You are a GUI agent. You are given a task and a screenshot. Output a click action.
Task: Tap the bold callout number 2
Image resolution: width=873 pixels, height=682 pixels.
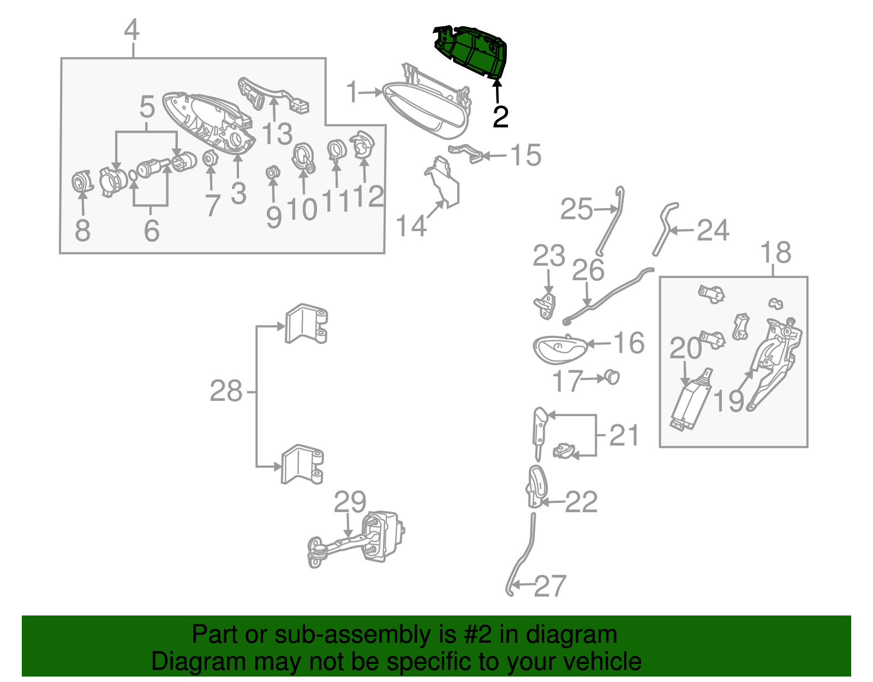point(500,117)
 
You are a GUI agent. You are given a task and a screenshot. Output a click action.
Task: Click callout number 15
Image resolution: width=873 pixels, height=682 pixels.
point(526,155)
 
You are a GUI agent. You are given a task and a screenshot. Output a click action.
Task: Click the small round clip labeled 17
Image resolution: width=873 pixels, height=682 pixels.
point(612,377)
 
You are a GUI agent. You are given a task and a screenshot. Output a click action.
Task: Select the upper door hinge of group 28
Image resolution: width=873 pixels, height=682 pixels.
point(306,324)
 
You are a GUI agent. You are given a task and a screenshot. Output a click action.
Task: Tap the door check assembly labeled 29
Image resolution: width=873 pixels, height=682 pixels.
point(356,538)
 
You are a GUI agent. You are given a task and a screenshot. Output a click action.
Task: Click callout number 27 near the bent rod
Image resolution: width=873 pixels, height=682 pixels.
point(550,586)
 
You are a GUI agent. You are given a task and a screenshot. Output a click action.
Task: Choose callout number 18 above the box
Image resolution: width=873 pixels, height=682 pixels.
point(776,252)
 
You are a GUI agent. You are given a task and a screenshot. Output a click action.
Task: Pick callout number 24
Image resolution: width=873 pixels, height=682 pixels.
point(713,230)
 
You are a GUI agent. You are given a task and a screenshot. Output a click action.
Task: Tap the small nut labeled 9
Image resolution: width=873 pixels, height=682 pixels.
point(273,173)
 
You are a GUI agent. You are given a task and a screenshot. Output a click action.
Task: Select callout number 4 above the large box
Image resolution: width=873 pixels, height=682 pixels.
point(132,29)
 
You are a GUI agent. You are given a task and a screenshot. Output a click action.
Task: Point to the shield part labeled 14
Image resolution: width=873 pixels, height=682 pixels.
point(443,183)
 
